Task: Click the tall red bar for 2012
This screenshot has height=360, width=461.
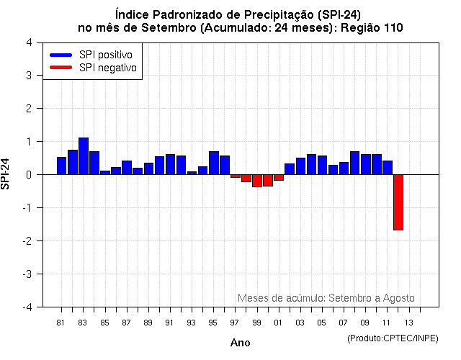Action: tap(398, 202)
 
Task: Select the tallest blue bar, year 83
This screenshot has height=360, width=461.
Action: tap(84, 156)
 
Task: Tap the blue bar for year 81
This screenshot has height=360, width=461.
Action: tap(62, 166)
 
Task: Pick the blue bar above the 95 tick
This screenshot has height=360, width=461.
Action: tap(214, 163)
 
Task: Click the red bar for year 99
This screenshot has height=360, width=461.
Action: tap(257, 181)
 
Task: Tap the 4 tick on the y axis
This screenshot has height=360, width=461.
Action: tap(28, 42)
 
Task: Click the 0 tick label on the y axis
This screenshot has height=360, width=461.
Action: tap(28, 175)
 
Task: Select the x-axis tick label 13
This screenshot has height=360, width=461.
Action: tap(408, 322)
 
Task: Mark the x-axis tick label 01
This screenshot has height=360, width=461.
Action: tap(278, 322)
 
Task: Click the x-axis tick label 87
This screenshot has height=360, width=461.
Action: tap(126, 322)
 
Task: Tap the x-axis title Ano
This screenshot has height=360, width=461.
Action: tap(240, 343)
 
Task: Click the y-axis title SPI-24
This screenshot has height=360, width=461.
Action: tap(6, 174)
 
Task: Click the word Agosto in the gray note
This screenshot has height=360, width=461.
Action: tap(398, 298)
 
